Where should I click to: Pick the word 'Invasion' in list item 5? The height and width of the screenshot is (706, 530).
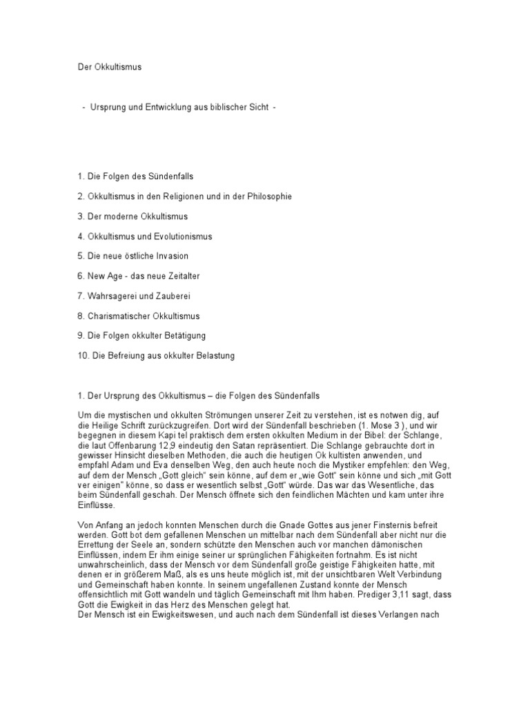click(x=172, y=256)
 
